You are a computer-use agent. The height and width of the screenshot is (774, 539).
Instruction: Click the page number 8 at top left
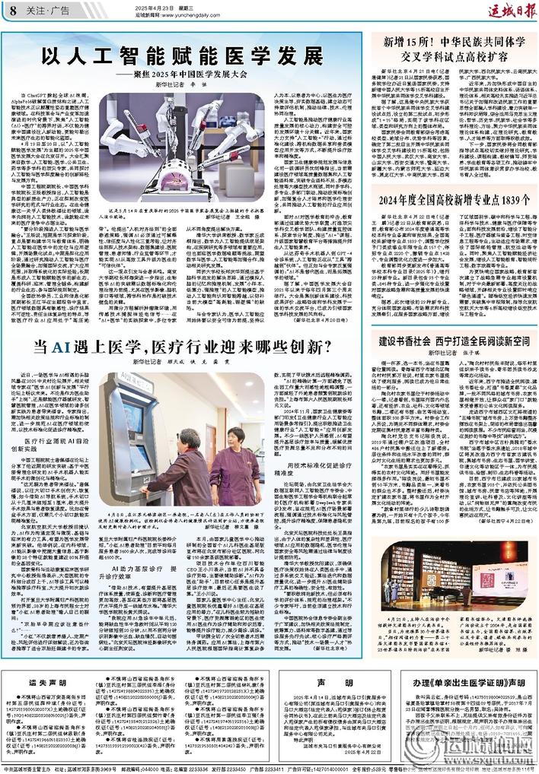click(x=14, y=8)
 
